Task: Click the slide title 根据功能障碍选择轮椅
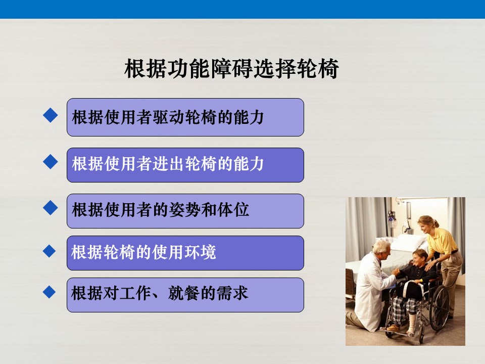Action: (231, 69)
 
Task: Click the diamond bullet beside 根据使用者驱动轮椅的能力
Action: (51, 115)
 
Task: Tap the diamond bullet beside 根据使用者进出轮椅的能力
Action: (51, 162)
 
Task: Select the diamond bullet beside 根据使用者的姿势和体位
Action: (51, 207)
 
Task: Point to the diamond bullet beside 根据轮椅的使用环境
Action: (49, 251)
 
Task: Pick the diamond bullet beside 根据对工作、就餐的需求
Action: (49, 292)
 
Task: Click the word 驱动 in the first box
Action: (169, 117)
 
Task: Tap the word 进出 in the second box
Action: (169, 164)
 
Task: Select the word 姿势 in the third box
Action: (185, 209)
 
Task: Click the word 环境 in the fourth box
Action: (201, 252)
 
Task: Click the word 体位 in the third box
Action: (233, 209)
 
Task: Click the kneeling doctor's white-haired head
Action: (381, 250)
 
